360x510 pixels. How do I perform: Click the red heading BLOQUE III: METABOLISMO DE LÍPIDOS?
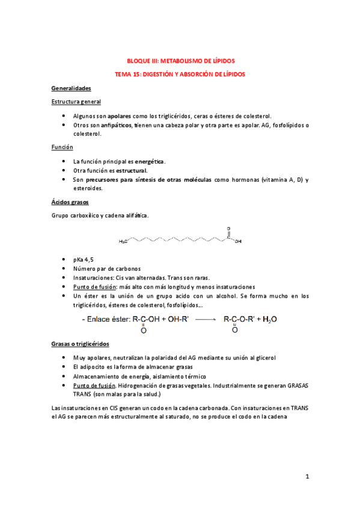coord(180,61)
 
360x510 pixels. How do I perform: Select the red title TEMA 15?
coord(180,74)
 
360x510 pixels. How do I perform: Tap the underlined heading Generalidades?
coord(71,88)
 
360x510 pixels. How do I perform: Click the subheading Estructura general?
coord(76,102)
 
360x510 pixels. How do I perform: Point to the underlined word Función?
coord(63,147)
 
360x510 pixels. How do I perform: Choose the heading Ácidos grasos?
coord(70,202)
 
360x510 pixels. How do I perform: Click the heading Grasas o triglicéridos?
coord(80,344)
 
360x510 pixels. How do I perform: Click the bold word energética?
coord(149,161)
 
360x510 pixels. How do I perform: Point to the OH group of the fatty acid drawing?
coord(238,241)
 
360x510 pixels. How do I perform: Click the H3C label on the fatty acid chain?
coord(123,241)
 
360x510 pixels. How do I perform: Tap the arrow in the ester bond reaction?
coord(205,319)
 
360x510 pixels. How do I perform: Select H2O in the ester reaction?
coord(270,319)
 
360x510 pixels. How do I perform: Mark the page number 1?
coord(307,477)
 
